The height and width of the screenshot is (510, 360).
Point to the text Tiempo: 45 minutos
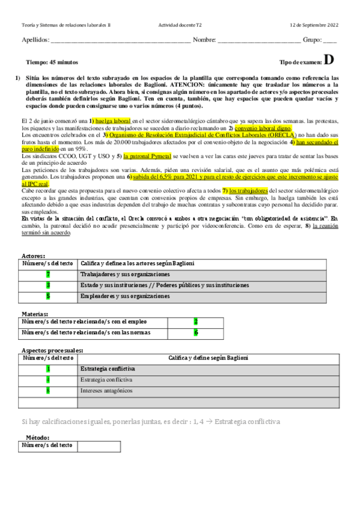52,63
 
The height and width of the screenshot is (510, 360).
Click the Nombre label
204,40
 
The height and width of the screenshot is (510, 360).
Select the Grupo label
312,40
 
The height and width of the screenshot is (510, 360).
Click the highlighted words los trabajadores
248,191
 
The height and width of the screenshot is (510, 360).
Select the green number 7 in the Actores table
48,274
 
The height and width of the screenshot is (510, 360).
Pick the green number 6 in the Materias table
195,333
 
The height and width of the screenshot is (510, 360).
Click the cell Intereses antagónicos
105,390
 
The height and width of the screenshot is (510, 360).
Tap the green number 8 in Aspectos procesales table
48,390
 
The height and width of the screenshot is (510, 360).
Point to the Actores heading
32,256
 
